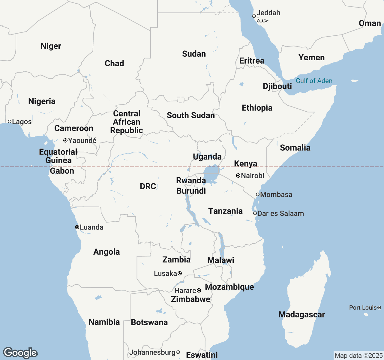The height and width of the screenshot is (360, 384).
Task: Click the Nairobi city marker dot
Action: tap(238, 175)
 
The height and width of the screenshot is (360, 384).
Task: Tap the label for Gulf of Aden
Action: tap(314, 81)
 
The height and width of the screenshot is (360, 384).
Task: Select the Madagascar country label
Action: tap(301, 314)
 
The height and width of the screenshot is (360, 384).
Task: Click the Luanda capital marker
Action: tap(77, 227)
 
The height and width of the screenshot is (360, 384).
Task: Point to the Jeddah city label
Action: tap(268, 13)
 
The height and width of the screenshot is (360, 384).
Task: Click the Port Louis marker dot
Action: tap(379, 307)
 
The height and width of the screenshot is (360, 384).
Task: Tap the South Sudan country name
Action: tap(190, 115)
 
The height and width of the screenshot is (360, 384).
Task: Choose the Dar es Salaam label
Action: tap(280, 213)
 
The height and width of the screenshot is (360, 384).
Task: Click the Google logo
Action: tap(20, 353)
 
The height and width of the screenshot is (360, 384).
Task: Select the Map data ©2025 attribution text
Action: tap(358, 355)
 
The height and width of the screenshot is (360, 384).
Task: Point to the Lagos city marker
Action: tap(10, 121)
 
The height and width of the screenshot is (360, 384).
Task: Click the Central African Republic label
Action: tap(127, 122)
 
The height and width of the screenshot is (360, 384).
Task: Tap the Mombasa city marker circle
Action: tap(258, 194)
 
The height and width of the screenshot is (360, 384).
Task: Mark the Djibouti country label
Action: tap(277, 86)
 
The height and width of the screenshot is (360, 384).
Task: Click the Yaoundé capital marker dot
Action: tap(65, 140)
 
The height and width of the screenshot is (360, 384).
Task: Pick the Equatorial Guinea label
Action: tap(58, 156)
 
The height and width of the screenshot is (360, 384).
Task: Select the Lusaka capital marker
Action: tap(180, 273)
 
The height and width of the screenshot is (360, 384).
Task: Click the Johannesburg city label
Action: tap(152, 352)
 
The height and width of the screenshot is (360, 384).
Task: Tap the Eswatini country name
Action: tap(202, 355)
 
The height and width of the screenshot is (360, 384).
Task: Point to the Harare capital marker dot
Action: tap(199, 290)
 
